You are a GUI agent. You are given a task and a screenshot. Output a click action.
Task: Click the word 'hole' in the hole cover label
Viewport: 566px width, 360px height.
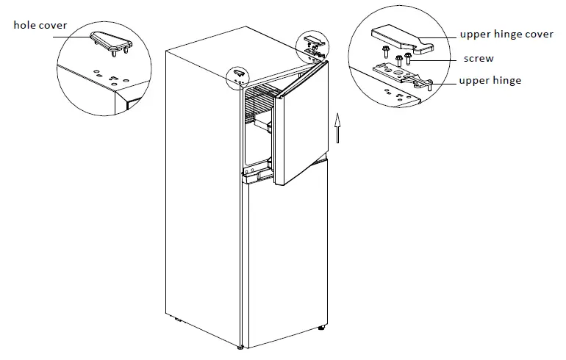(26, 26)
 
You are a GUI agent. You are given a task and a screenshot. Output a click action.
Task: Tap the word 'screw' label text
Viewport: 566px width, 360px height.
(479, 58)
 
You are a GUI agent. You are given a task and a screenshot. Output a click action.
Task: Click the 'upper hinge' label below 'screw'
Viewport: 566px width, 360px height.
(490, 80)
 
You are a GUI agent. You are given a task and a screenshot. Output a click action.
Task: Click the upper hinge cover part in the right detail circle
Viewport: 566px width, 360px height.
(396, 37)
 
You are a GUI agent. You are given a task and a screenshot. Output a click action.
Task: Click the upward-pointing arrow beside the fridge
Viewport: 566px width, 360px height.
(337, 128)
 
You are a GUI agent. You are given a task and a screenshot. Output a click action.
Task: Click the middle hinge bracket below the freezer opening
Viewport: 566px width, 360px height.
(254, 173)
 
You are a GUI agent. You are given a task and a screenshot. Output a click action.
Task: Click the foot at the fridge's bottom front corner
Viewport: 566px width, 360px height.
(241, 346)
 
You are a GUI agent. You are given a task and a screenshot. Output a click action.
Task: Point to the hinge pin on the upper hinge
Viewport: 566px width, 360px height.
(428, 87)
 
